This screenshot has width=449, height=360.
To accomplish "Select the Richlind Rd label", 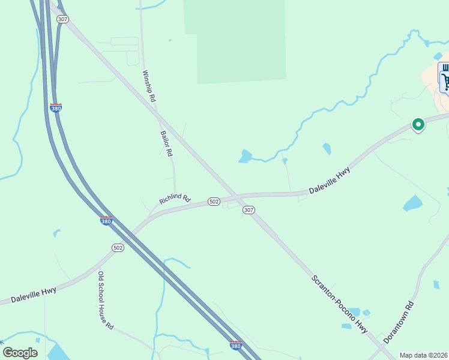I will click(175, 199).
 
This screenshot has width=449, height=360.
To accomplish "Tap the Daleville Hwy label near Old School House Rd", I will click(33, 293).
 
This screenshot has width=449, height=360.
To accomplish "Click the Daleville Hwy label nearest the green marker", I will click(330, 181).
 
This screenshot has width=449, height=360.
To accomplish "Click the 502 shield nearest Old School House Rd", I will click(118, 247).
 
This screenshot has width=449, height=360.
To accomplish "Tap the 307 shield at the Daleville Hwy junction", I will click(249, 210).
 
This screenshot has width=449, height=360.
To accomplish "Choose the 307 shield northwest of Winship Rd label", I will click(63, 19).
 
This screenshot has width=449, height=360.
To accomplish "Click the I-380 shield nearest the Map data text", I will click(236, 345).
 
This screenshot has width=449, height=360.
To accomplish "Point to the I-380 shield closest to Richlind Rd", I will click(106, 220).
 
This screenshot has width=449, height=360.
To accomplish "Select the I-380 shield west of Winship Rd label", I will click(56, 107).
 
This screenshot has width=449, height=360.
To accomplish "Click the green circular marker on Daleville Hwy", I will click(418, 124).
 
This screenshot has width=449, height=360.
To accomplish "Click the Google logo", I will click(20, 353).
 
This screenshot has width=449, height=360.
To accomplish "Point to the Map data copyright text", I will click(423, 355).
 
